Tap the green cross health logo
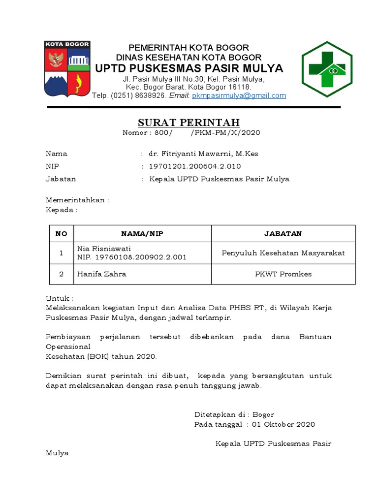(327, 69)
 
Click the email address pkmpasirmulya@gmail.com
(239, 95)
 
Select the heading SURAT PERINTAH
(189, 123)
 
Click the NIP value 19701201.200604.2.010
(195, 166)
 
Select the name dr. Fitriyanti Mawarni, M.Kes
(203, 154)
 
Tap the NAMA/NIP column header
(142, 234)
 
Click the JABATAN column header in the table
(283, 234)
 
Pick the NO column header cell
(62, 234)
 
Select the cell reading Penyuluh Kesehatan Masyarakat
(283, 253)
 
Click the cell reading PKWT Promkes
(283, 274)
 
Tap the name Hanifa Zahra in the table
(102, 274)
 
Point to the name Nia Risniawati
(104, 249)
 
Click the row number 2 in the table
(62, 274)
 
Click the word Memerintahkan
(75, 200)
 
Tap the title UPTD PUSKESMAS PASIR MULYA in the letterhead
(189, 68)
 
